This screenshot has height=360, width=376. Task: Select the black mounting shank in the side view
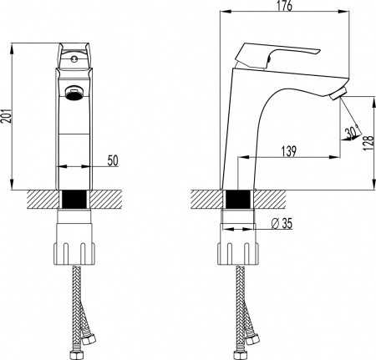237,201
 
